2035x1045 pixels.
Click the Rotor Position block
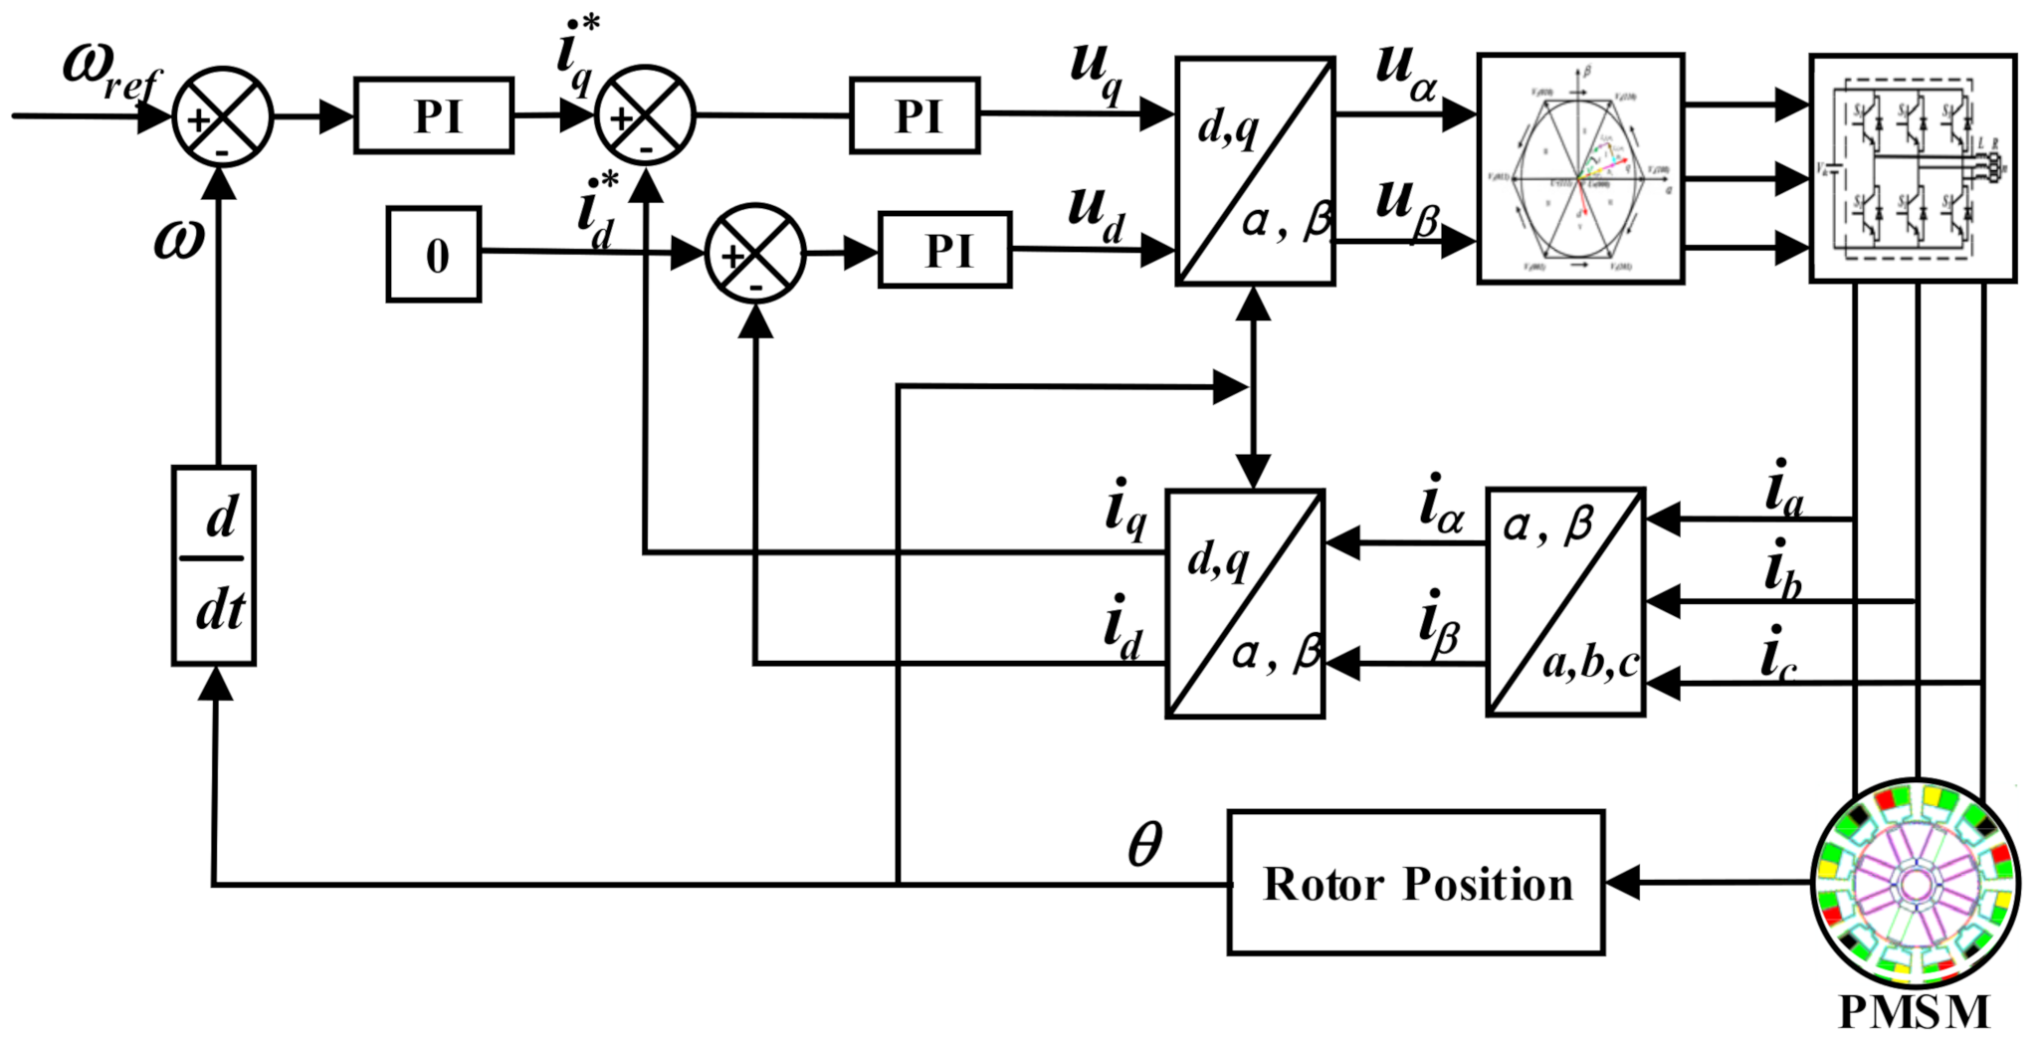(x=1415, y=883)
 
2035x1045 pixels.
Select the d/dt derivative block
(x=214, y=565)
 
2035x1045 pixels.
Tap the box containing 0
(x=434, y=255)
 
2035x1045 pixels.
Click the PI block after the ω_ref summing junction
(x=434, y=115)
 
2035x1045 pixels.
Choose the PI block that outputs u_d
(x=944, y=250)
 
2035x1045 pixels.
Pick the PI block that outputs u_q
(x=915, y=115)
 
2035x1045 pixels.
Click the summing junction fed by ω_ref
(x=222, y=116)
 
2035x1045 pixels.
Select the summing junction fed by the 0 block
(x=754, y=253)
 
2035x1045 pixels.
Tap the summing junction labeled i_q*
(x=644, y=115)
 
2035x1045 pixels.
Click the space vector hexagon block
(x=1580, y=168)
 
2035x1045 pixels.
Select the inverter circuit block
(x=1912, y=168)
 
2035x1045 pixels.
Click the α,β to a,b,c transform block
(x=1565, y=601)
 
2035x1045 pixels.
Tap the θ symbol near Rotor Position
(x=1144, y=845)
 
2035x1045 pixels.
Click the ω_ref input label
(x=109, y=70)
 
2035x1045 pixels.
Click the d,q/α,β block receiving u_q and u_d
(x=1255, y=171)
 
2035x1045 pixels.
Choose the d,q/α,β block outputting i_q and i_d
(x=1245, y=603)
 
